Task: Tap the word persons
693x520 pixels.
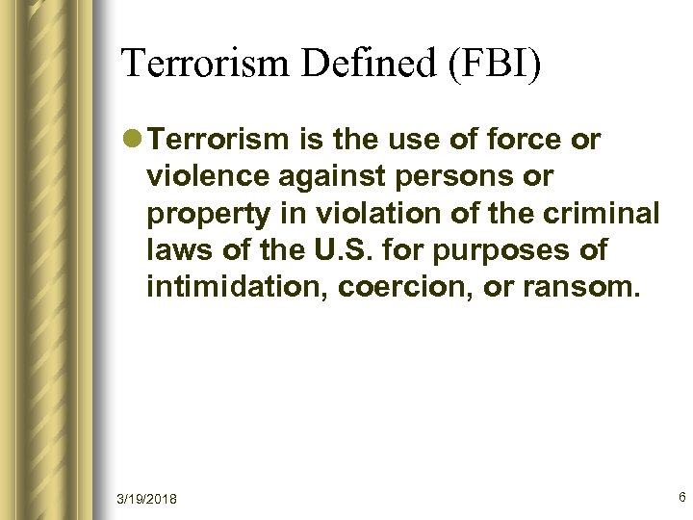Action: coord(456,177)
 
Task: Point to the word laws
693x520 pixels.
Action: coord(174,250)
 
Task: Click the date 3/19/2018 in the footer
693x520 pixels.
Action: coord(146,499)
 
